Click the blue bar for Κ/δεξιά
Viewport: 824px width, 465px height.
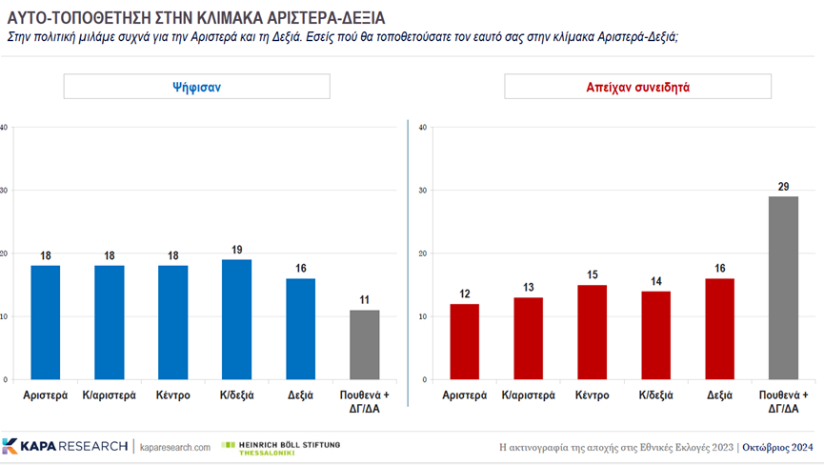click(x=236, y=319)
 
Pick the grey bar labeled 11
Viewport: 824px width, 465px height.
click(x=364, y=344)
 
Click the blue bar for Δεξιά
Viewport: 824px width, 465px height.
click(x=300, y=329)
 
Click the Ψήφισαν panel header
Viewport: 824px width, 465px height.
click(x=196, y=87)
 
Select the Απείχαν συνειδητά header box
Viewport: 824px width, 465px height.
click(x=637, y=87)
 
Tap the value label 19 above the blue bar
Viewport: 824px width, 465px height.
click(x=236, y=250)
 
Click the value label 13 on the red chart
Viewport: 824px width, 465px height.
click(x=528, y=288)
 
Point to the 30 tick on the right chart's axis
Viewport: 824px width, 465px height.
click(x=421, y=191)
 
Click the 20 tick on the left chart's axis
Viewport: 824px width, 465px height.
click(x=6, y=253)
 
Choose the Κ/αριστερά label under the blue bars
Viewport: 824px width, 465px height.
click(x=110, y=394)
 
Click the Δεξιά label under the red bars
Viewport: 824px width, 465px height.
click(x=719, y=394)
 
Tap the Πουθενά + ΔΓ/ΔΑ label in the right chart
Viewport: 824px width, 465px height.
click(x=783, y=400)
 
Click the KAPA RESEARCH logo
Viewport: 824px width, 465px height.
click(x=65, y=446)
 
